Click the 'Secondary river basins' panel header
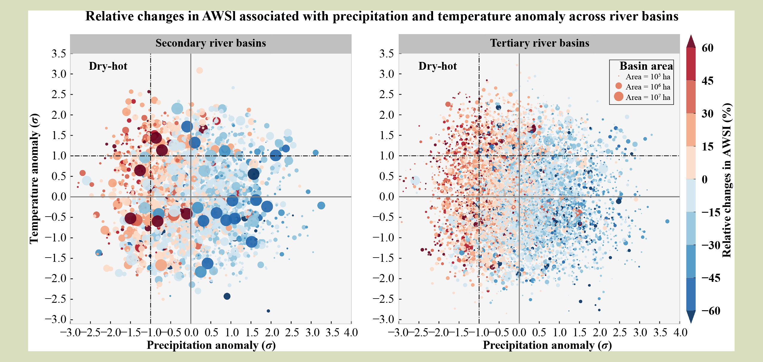211,43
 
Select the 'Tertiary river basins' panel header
539,43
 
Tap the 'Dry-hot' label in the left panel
108,66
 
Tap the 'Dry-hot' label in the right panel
438,66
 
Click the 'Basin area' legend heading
646,66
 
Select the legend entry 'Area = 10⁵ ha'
648,77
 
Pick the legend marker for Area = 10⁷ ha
619,96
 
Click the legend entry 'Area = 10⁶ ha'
648,87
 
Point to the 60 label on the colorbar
707,48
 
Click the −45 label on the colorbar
711,278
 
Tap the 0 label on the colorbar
705,180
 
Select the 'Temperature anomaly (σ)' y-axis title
34,179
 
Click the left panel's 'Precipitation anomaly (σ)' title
211,345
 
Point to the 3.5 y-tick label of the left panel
59,54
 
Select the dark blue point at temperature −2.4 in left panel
227,296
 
